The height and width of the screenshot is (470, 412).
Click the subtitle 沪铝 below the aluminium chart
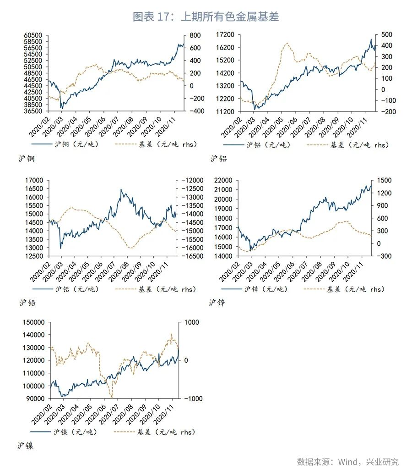218,159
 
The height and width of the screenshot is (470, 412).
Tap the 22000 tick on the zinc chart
225,180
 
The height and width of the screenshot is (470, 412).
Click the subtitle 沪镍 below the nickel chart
26,446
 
